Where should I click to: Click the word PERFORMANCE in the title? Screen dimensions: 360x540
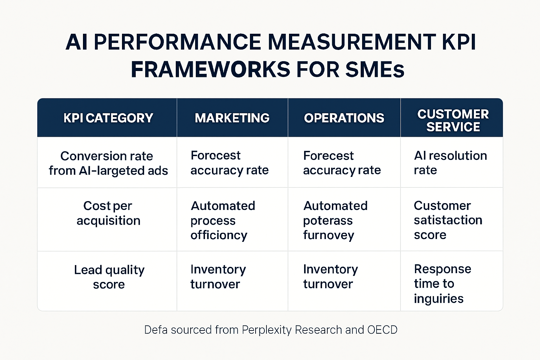click(x=177, y=42)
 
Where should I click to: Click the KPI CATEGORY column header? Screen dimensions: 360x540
click(x=108, y=118)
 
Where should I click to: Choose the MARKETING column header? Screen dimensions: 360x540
click(x=232, y=118)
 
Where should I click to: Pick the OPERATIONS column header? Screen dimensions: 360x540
click(x=344, y=118)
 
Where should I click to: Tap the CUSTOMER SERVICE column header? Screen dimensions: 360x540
click(x=453, y=120)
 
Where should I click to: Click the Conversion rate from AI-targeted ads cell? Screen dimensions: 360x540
click(x=108, y=163)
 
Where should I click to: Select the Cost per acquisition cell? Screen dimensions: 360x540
click(x=108, y=213)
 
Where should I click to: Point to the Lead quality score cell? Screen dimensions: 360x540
click(x=109, y=277)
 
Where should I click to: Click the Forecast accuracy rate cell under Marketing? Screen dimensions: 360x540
click(x=230, y=163)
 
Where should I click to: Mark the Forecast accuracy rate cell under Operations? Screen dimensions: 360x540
click(x=342, y=163)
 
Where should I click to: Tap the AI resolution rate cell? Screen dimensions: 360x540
click(x=450, y=163)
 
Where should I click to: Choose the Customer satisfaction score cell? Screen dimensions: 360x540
click(x=448, y=220)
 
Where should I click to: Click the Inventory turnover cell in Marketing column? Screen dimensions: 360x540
click(x=218, y=277)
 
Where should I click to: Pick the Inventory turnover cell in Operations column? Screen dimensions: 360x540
click(x=330, y=277)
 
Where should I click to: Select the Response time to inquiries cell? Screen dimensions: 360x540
click(x=442, y=284)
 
